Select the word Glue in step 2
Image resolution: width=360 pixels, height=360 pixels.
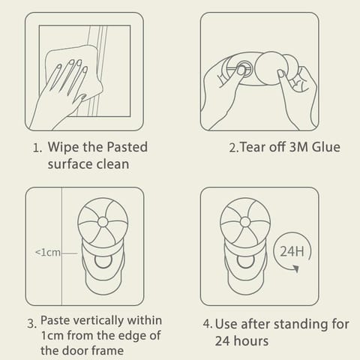click(326, 147)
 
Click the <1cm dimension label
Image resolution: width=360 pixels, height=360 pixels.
click(48, 252)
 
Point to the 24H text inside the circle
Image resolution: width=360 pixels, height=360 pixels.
click(292, 251)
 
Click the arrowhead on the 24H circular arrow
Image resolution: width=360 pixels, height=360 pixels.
click(295, 268)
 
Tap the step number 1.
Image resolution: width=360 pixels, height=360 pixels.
click(37, 148)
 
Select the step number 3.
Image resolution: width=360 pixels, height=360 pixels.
click(31, 324)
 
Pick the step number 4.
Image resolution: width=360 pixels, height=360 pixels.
click(208, 324)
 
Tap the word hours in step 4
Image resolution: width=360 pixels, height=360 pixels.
click(253, 340)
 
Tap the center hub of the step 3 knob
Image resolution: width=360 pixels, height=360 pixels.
click(103, 222)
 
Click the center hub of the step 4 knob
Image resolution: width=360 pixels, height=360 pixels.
click(245, 222)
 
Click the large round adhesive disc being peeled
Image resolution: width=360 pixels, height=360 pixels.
click(271, 68)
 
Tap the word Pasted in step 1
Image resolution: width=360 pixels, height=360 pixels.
click(127, 147)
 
